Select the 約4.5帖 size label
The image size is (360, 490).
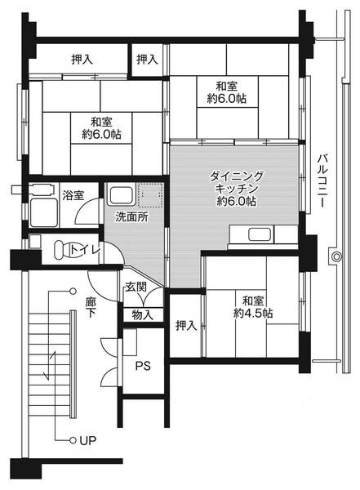[x=253, y=313]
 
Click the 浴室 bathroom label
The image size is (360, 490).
[x=73, y=195]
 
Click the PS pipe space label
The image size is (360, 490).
[x=142, y=365]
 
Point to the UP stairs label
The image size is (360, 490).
[x=87, y=441]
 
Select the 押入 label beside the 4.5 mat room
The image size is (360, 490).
[x=186, y=326]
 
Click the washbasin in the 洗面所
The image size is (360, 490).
[x=120, y=195]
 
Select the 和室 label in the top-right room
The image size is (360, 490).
[x=228, y=87]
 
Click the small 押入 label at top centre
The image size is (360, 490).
[x=148, y=60]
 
